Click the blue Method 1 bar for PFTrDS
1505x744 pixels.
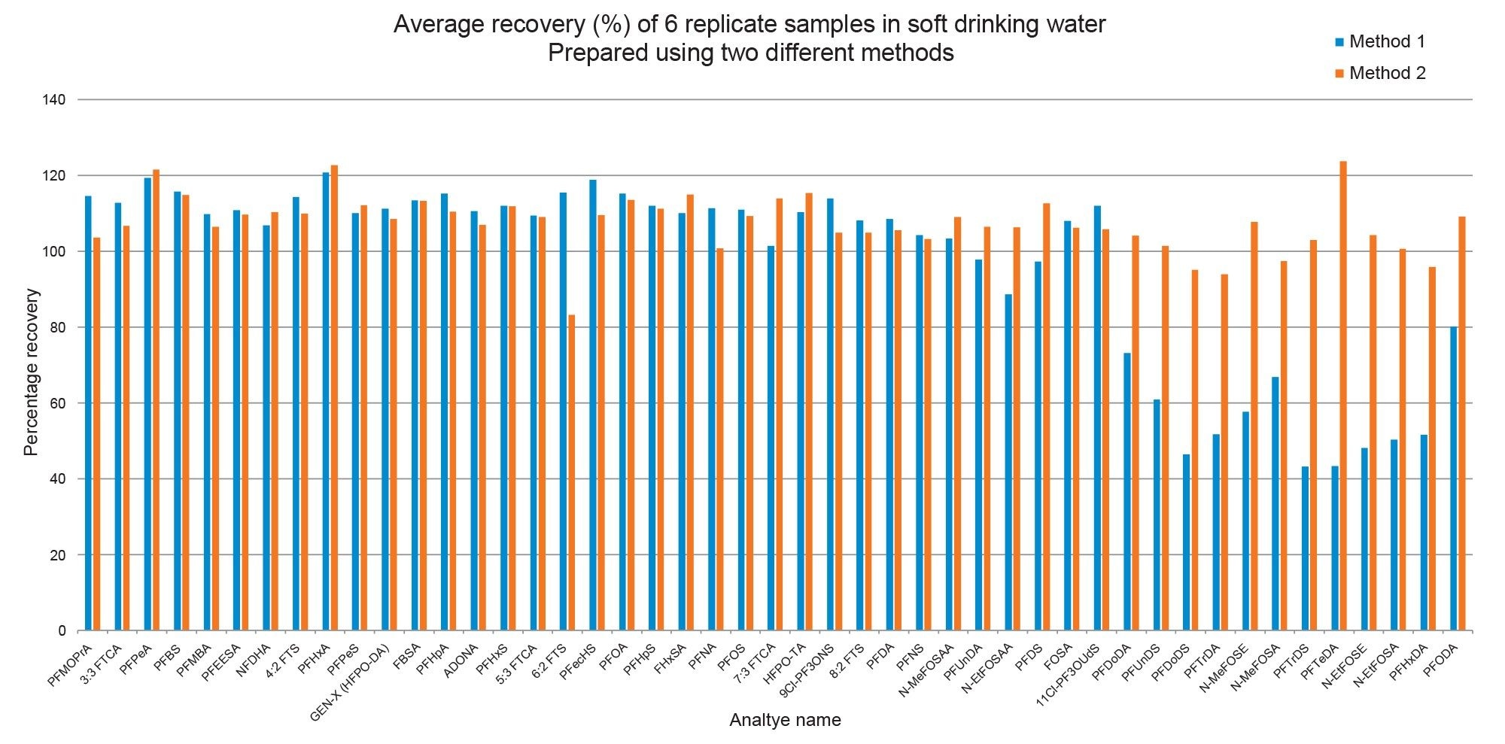[x=1305, y=548]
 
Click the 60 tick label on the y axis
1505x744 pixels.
[x=59, y=403]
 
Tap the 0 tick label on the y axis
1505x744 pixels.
[x=62, y=630]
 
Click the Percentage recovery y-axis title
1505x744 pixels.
[x=31, y=372]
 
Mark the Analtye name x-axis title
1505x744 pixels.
[x=785, y=721]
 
